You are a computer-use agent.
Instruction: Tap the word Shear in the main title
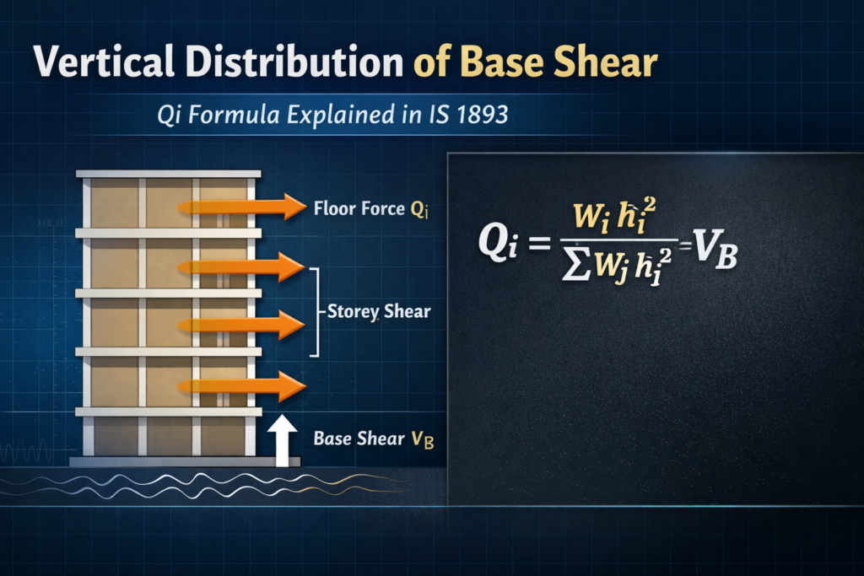coord(607,64)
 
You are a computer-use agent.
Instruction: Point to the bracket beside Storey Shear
coord(316,312)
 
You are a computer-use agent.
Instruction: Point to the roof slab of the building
coord(169,174)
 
